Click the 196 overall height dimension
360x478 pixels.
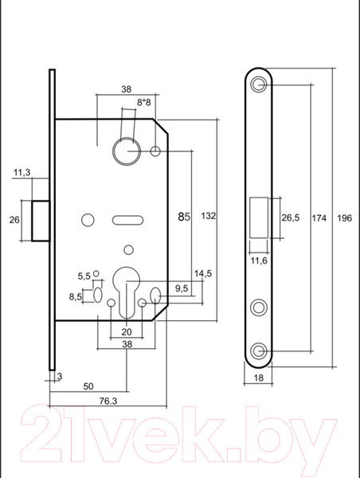[x=344, y=218]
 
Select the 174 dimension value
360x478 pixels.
[x=319, y=218]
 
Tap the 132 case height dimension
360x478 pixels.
[x=209, y=216]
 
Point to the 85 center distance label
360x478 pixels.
[x=184, y=217]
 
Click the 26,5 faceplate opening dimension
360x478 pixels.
[x=290, y=217]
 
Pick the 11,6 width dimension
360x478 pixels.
[x=259, y=261]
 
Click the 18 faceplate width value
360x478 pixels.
[x=258, y=378]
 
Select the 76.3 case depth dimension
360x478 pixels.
[x=108, y=402]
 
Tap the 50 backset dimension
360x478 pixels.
[x=88, y=386]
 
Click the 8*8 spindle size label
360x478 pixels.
[x=143, y=103]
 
